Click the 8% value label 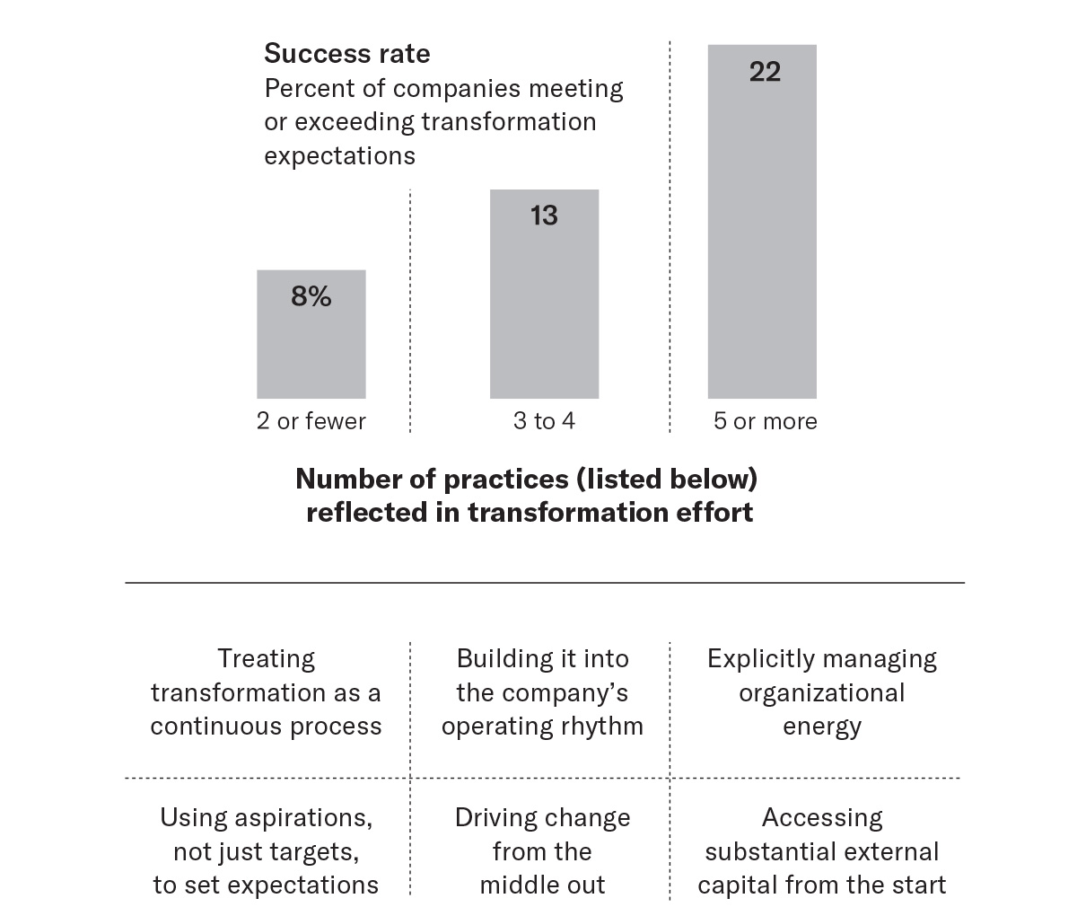tap(311, 296)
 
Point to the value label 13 tap(544, 216)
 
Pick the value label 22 tap(765, 72)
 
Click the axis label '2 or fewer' tap(311, 421)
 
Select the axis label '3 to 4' tap(544, 421)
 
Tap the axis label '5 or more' tap(765, 421)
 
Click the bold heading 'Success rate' tap(346, 54)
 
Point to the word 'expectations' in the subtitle tap(339, 156)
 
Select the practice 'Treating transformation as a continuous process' tap(266, 692)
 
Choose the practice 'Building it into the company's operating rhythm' tap(542, 692)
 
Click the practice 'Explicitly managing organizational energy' tap(821, 692)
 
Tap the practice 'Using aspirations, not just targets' tap(266, 851)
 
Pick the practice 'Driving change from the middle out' tap(542, 851)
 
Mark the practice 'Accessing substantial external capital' tap(821, 851)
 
